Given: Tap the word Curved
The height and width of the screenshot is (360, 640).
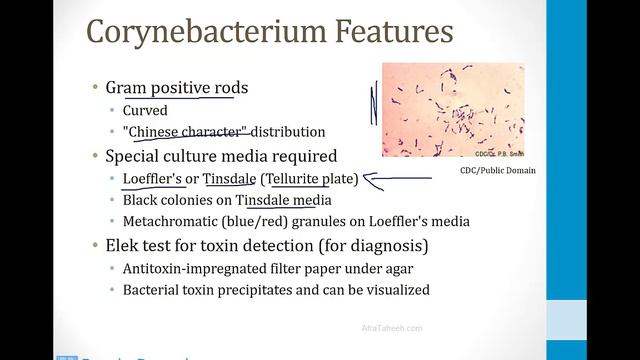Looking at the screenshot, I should click(146, 110).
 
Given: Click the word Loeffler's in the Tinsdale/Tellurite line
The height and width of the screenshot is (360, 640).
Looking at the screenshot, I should click(153, 179).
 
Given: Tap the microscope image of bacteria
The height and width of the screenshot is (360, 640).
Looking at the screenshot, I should click(452, 110).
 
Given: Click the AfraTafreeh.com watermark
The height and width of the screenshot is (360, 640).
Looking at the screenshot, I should click(392, 327).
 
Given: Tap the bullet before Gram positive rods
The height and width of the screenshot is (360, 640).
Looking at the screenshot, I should click(95, 88).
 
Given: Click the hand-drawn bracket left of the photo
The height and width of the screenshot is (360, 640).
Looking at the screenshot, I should click(374, 105).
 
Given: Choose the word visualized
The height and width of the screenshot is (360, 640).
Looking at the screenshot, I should click(393, 290).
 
